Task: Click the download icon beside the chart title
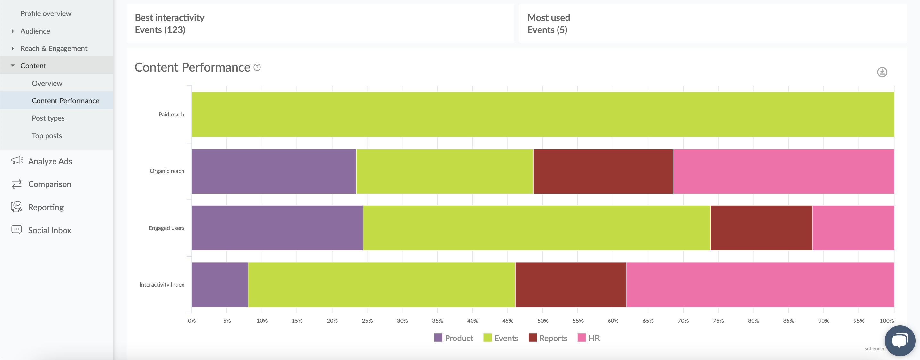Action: click(x=882, y=72)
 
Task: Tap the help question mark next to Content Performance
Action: click(x=257, y=67)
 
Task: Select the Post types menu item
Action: click(x=48, y=118)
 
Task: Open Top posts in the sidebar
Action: click(x=47, y=136)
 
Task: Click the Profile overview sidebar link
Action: click(x=46, y=13)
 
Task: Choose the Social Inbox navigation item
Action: click(x=50, y=230)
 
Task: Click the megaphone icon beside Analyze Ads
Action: click(x=16, y=161)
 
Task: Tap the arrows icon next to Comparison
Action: click(x=16, y=184)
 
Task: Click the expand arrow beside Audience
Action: click(x=13, y=31)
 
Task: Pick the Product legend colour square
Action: click(x=438, y=338)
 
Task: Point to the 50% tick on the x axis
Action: click(x=542, y=321)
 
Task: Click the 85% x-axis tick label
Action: click(x=788, y=321)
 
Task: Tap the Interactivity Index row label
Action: click(x=162, y=285)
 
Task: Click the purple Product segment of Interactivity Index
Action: click(x=220, y=285)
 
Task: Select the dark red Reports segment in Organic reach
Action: click(x=603, y=171)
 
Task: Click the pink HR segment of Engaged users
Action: click(x=853, y=228)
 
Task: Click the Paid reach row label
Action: click(x=171, y=115)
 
